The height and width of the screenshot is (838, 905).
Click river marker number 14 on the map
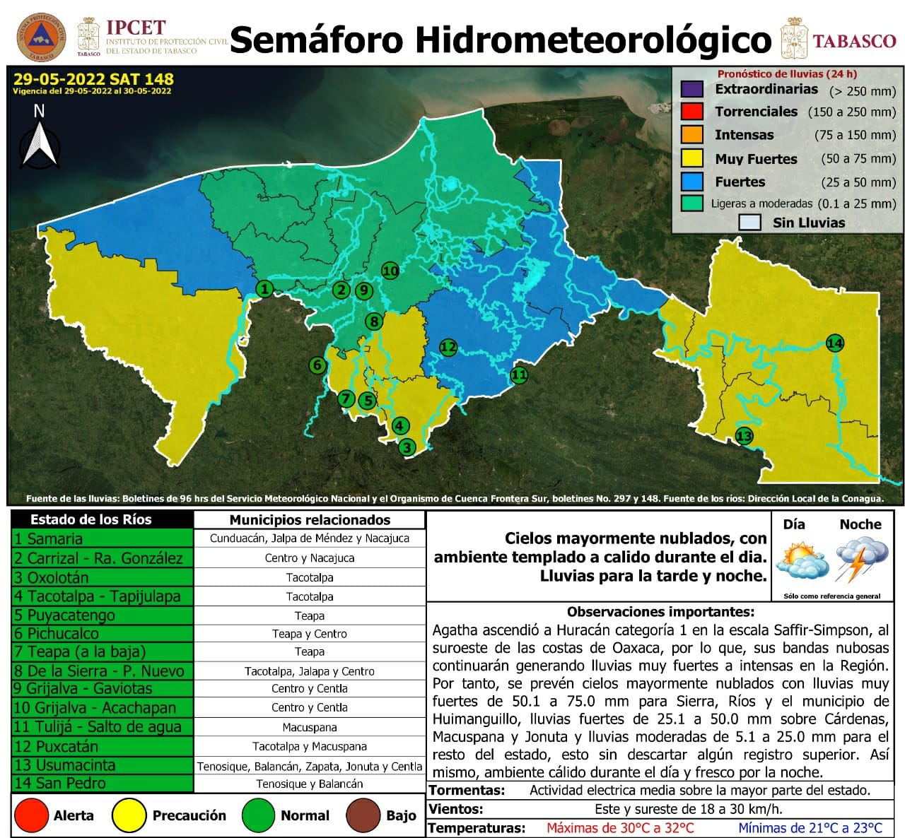click(835, 343)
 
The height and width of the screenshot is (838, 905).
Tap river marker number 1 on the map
click(264, 288)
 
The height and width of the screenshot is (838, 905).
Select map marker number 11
click(519, 374)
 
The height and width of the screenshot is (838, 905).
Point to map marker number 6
click(317, 365)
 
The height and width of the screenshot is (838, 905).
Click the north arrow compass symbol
click(40, 141)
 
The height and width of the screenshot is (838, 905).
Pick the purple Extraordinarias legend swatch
click(691, 90)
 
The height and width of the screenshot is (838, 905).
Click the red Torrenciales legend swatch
click(691, 112)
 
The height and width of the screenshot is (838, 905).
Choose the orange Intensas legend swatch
click(691, 134)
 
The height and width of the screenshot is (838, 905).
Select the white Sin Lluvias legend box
click(749, 223)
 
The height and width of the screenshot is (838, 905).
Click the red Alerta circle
click(31, 815)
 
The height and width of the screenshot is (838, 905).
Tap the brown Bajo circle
click(365, 815)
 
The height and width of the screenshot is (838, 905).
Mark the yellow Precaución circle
click(129, 815)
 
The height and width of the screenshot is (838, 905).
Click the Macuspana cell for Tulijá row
click(310, 727)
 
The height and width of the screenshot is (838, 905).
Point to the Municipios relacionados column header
click(310, 520)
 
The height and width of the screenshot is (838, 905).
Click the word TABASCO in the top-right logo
click(854, 41)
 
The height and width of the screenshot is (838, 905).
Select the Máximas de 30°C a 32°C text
click(620, 827)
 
